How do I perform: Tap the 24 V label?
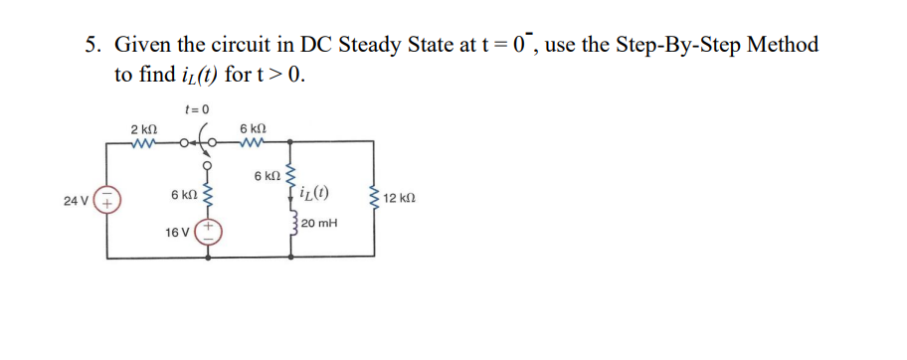(x=76, y=202)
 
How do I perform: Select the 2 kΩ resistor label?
(x=142, y=129)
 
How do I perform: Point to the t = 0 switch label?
(x=197, y=108)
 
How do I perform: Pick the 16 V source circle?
(x=210, y=231)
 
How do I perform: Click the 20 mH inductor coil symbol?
(x=291, y=225)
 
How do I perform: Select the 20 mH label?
(x=320, y=225)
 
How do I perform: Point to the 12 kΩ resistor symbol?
(x=374, y=199)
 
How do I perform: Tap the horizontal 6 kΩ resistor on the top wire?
(x=253, y=145)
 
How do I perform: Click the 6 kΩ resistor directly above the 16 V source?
(x=209, y=194)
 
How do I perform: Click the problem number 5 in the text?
(x=92, y=45)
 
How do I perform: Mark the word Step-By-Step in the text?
(x=677, y=46)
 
